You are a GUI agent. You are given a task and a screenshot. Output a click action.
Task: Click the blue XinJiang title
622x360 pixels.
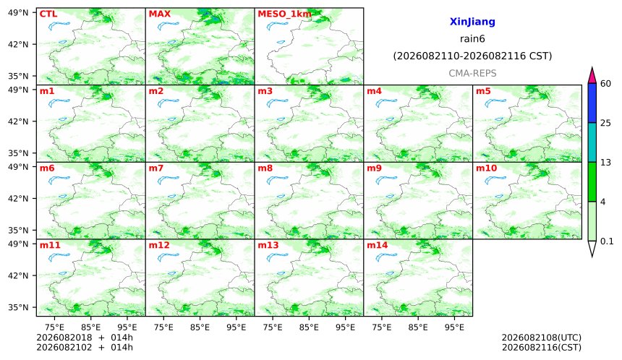(472, 22)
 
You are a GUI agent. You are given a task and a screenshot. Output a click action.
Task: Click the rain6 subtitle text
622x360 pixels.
(472, 39)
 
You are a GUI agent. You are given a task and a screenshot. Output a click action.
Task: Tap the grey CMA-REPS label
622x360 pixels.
(472, 73)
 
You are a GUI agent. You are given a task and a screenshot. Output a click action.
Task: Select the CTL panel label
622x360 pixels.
(48, 14)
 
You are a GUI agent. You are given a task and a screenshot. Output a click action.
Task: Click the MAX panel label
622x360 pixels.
(159, 14)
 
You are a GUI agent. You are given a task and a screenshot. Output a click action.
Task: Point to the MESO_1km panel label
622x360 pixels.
(284, 14)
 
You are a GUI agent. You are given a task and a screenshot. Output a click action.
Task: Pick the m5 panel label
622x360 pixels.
(483, 91)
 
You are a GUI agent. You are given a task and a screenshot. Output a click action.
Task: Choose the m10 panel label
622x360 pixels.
(486, 168)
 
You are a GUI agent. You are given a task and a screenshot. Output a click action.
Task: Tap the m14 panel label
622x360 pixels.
(377, 245)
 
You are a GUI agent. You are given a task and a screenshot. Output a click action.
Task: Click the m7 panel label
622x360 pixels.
(156, 168)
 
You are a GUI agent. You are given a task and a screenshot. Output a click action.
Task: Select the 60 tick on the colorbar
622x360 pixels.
(605, 84)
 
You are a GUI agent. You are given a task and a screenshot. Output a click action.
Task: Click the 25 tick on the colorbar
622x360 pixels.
(605, 124)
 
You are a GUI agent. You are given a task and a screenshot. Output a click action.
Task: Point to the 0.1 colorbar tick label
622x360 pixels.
(607, 241)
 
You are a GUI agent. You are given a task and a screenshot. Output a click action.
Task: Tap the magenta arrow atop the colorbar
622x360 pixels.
(592, 76)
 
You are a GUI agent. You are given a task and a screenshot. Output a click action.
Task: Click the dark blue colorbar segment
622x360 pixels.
(592, 103)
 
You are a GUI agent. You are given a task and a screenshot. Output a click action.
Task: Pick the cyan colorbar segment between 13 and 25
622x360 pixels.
(592, 142)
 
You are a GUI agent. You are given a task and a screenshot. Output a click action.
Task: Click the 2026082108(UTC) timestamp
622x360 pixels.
(542, 338)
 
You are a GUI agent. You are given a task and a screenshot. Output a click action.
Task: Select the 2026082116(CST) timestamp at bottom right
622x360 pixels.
(542, 348)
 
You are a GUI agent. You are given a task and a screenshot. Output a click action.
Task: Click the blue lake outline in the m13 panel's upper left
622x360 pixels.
(277, 257)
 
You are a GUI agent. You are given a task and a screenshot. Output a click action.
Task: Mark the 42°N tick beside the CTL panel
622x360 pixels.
(18, 44)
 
